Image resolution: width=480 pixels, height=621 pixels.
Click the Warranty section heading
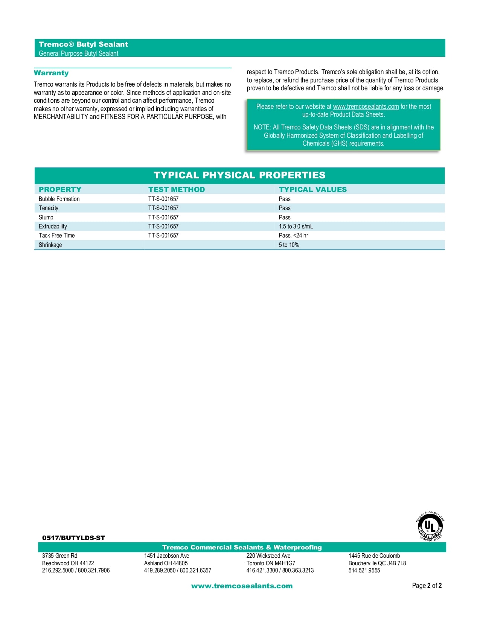(51, 73)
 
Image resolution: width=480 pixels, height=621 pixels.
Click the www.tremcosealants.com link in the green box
(366, 107)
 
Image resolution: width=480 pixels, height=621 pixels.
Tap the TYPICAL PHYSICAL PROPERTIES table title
(239, 175)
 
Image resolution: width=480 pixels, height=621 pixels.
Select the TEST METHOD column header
(177, 189)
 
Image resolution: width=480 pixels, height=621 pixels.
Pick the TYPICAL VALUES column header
(312, 189)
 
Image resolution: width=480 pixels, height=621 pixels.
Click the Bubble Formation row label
(59, 199)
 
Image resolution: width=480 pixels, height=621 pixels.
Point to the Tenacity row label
(49, 208)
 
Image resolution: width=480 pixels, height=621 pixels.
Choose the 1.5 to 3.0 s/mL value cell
(296, 227)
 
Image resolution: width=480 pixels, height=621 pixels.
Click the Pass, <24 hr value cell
(293, 236)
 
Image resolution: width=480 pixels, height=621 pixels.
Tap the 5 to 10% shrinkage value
(289, 245)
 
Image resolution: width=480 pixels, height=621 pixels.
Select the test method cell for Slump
(163, 218)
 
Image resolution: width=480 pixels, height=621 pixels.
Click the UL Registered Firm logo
(430, 526)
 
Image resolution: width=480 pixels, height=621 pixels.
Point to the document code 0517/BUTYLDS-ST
(73, 538)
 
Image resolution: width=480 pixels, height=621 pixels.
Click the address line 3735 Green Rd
(59, 556)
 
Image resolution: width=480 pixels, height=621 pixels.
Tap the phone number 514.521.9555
(364, 571)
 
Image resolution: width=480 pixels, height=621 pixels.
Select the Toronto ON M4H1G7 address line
(271, 563)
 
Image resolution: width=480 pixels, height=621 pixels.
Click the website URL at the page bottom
(242, 586)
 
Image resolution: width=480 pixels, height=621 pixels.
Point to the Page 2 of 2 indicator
(427, 586)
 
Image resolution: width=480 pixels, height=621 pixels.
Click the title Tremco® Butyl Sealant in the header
(83, 44)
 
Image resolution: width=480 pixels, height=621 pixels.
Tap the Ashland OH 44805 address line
(166, 563)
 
